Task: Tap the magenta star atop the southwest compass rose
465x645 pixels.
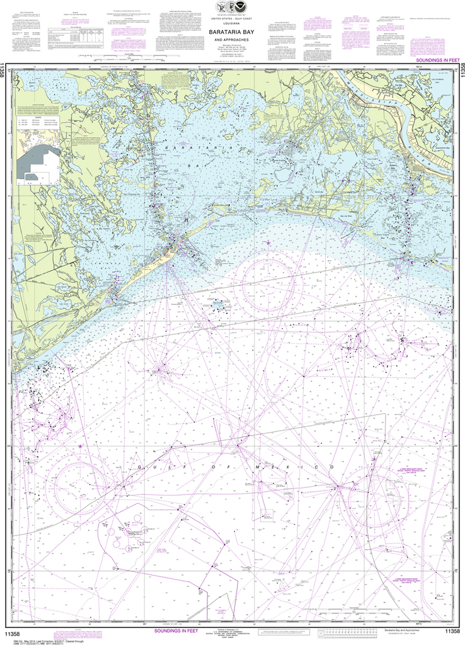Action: pyautogui.click(x=81, y=447)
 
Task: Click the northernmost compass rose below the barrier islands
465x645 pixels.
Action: pyautogui.click(x=268, y=274)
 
